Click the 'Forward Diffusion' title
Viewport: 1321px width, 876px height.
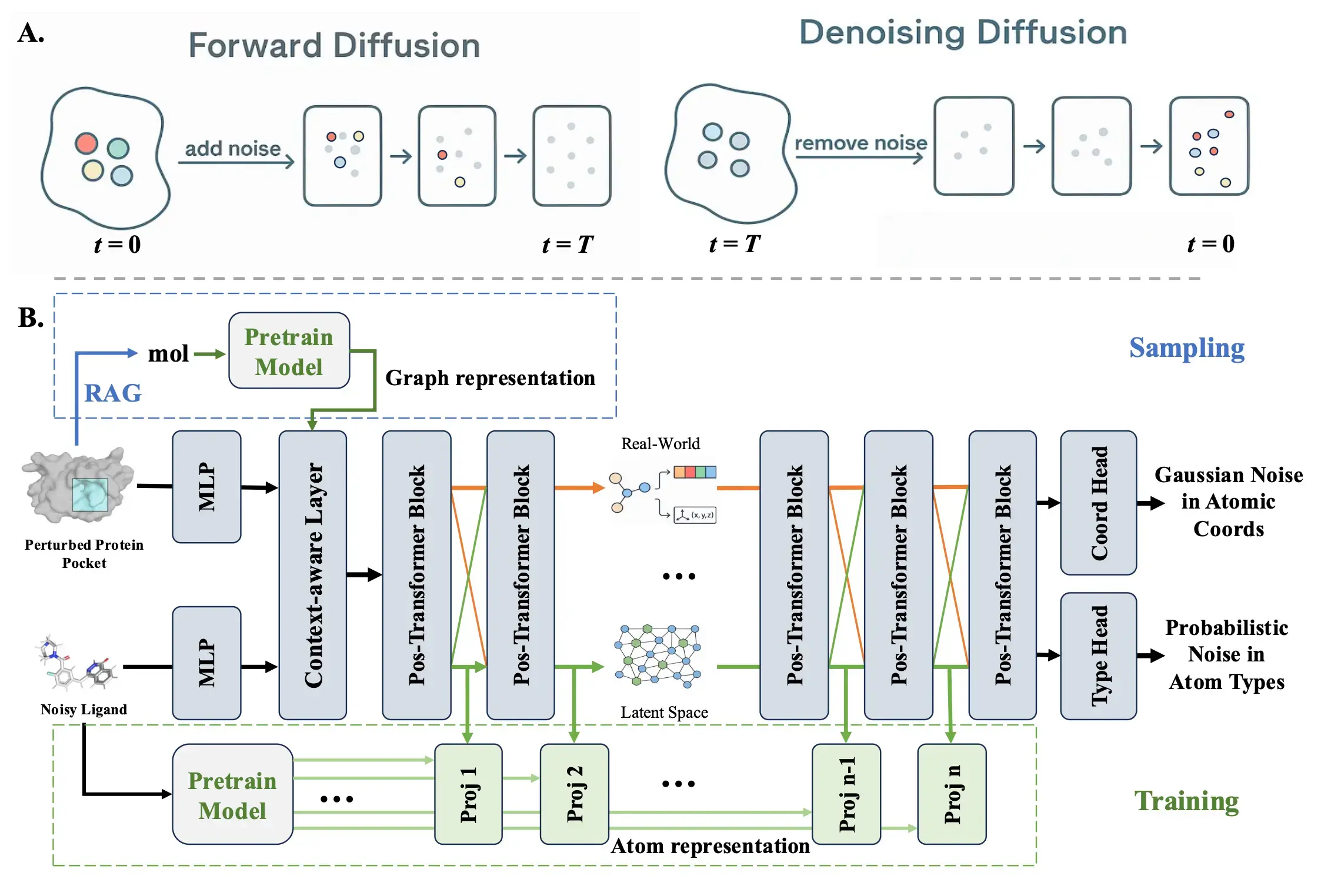click(x=334, y=45)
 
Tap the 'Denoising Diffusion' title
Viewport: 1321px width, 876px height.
click(x=963, y=32)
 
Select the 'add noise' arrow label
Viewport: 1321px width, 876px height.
click(x=233, y=149)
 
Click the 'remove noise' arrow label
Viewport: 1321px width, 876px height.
click(x=860, y=143)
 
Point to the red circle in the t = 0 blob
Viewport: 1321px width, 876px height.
click(x=86, y=143)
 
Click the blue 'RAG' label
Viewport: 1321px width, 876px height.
click(x=113, y=393)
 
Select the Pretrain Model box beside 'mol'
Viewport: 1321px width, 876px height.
click(x=289, y=351)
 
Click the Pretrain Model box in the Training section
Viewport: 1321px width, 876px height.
click(x=232, y=795)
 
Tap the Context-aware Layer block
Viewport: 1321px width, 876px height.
click(x=312, y=574)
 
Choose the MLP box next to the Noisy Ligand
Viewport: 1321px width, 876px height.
click(x=206, y=663)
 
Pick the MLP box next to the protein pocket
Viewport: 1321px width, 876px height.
click(x=206, y=486)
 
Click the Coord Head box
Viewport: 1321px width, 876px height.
click(x=1098, y=503)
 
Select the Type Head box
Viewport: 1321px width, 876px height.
click(x=1098, y=656)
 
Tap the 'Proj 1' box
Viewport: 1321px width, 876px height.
click(x=468, y=794)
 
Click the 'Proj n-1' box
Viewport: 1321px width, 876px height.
click(x=846, y=794)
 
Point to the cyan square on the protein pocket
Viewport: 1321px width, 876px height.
click(x=90, y=494)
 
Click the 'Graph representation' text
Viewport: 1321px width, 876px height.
click(x=490, y=377)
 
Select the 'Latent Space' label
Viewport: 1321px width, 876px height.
click(x=664, y=713)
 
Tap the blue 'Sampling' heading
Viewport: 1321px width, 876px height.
click(x=1186, y=347)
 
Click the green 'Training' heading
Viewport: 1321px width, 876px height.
click(x=1186, y=801)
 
